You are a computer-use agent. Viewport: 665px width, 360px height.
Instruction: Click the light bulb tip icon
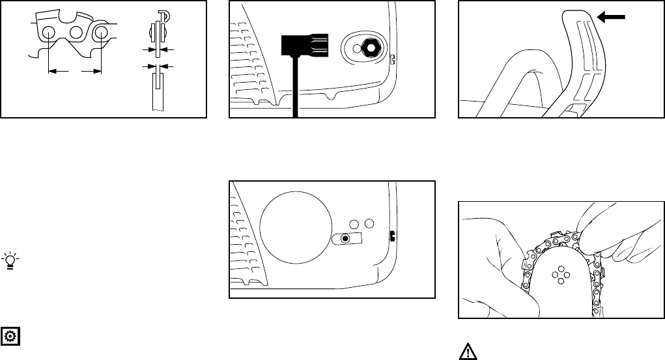coord(10,261)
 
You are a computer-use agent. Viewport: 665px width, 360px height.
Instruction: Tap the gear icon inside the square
coord(11,337)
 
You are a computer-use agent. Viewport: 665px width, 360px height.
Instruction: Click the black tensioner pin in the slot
coord(346,239)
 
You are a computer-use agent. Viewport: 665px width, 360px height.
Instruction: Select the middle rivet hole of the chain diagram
coord(75,33)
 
